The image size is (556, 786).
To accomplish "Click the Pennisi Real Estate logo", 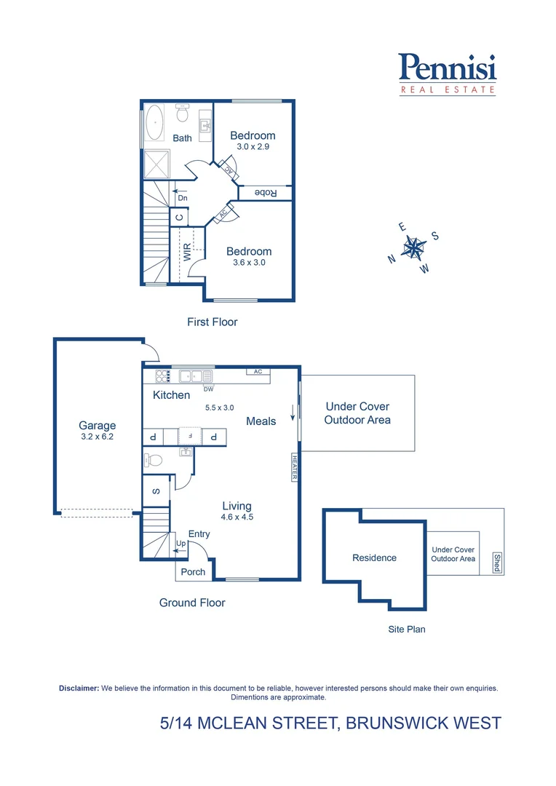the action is tap(448, 74).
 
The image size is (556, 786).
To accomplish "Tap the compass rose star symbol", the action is tap(413, 247).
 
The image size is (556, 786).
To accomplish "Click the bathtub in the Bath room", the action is tap(154, 122).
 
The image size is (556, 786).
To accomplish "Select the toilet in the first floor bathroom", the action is tap(182, 114).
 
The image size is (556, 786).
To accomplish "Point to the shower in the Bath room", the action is tap(157, 164).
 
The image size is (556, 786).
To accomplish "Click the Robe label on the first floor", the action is tap(265, 193).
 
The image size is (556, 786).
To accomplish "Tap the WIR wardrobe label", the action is tap(187, 252).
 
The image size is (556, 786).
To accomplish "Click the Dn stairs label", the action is tap(183, 198).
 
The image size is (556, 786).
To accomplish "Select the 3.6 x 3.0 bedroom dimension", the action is tap(249, 262).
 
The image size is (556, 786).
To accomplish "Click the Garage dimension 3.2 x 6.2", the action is tap(98, 437).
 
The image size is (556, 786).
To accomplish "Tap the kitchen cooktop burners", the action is tap(162, 376).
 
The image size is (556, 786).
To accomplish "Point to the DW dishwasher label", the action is tap(209, 389).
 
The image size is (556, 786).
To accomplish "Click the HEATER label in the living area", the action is tap(295, 467).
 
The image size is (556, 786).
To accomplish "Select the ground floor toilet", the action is tap(154, 460).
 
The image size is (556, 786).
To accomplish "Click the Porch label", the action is tap(193, 572).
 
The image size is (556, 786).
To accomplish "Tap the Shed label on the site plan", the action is tap(497, 563).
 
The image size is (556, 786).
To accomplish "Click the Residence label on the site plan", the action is tap(375, 558).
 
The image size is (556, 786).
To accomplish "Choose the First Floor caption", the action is tap(213, 322).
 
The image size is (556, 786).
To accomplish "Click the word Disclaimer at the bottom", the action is tap(79, 688).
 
